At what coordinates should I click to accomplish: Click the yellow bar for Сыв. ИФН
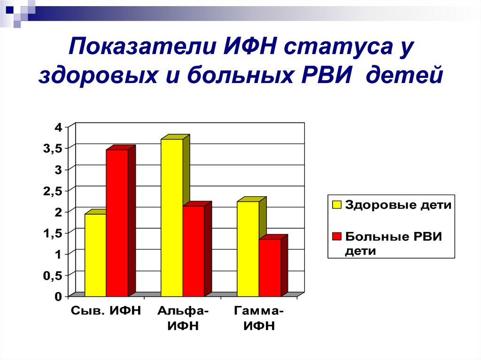(x=95, y=255)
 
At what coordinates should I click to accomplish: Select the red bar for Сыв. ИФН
(x=117, y=223)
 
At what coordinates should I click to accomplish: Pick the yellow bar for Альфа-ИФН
(x=171, y=217)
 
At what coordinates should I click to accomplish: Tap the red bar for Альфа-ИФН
(x=194, y=251)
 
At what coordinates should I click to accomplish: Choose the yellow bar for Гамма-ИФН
(x=248, y=249)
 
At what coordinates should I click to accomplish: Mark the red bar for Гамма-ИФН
(x=270, y=268)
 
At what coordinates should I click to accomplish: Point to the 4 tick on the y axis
(x=58, y=127)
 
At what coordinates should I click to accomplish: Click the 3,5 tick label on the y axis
(x=53, y=148)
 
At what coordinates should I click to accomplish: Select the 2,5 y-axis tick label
(x=53, y=191)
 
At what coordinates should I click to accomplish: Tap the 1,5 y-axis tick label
(x=53, y=234)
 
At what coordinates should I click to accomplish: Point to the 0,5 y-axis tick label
(x=53, y=276)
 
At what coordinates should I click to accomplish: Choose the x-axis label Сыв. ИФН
(x=106, y=311)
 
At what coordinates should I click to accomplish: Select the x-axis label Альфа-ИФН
(x=183, y=318)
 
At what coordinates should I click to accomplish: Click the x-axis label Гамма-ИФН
(x=259, y=318)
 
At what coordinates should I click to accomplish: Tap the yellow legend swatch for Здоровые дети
(x=336, y=205)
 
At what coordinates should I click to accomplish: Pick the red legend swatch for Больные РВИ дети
(x=336, y=237)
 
